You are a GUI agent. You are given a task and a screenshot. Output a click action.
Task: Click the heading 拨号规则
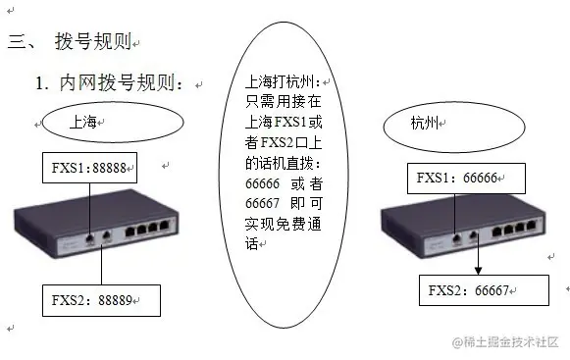point(93,42)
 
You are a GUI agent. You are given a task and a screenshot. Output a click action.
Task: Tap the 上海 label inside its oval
point(84,123)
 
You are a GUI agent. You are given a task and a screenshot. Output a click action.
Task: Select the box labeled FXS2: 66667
point(478,290)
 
